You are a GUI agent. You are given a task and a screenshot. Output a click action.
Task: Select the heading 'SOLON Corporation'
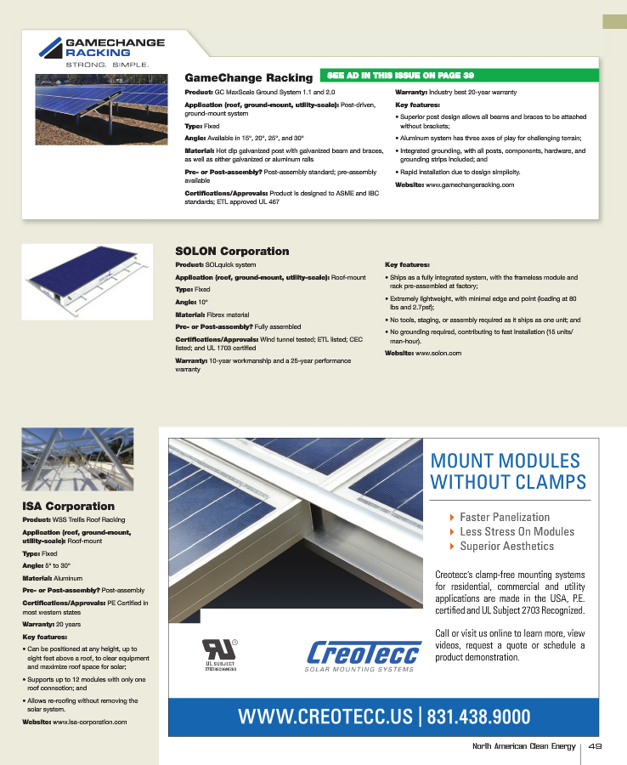coord(232,252)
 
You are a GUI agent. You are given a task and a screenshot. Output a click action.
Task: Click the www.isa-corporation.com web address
coord(89,722)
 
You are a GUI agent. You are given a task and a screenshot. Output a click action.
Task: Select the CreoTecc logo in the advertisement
coord(364,655)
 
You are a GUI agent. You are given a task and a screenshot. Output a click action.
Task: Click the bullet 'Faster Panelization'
coord(505,517)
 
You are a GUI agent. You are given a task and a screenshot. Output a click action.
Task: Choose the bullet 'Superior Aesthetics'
coord(506,546)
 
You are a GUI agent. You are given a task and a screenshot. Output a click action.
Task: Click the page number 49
coord(595,747)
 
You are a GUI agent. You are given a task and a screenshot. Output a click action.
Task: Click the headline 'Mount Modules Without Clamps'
coord(508,472)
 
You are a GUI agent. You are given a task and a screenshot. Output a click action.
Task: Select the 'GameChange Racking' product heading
coord(248,78)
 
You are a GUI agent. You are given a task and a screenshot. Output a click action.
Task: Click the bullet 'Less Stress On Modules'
coord(517,531)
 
